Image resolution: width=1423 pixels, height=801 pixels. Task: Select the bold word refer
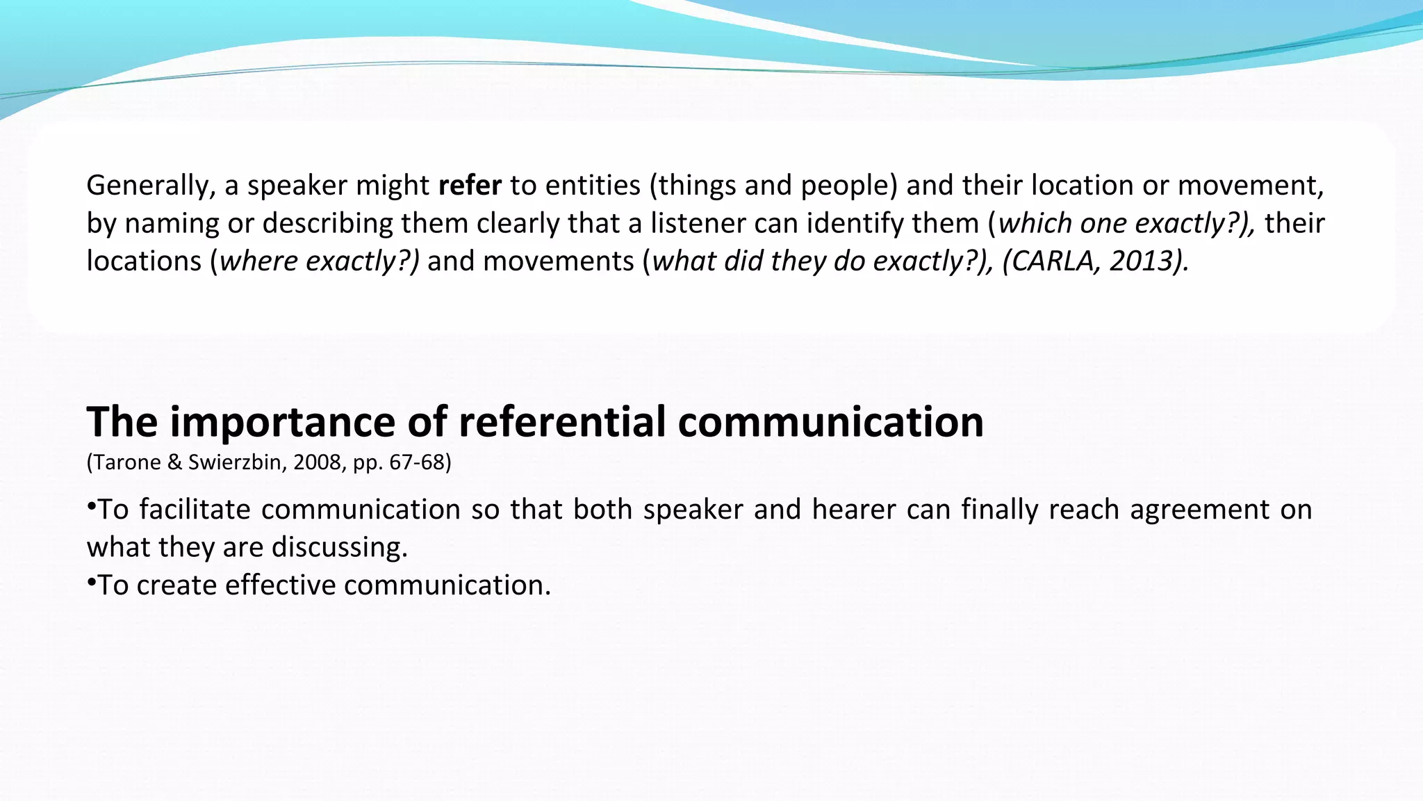[470, 186]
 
